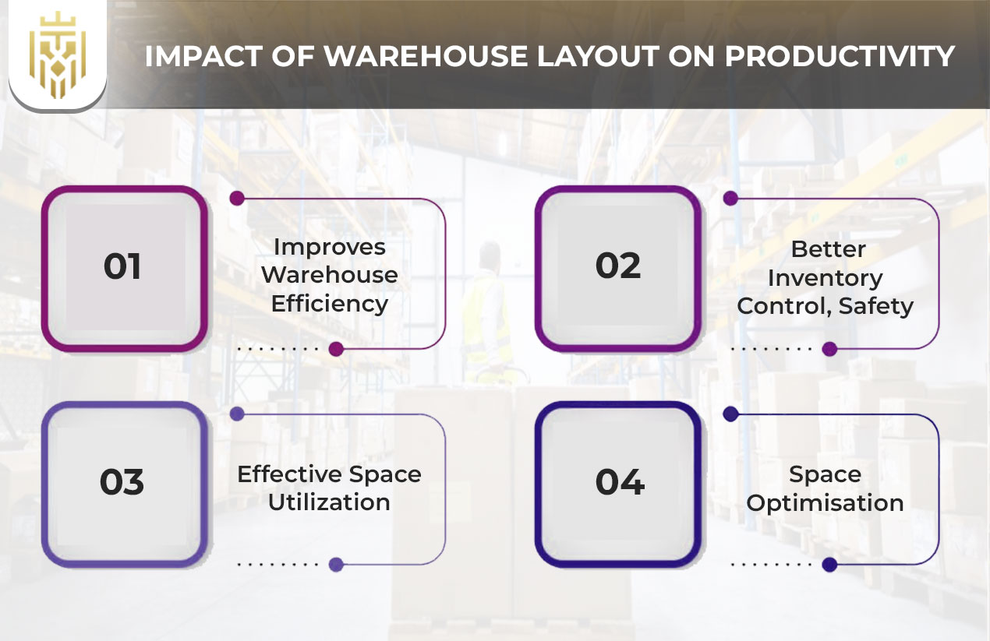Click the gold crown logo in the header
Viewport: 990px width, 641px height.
point(58,55)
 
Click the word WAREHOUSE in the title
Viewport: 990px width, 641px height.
point(426,56)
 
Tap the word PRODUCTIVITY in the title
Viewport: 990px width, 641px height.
point(840,56)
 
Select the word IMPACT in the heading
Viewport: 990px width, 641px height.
point(203,56)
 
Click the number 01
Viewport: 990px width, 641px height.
point(122,266)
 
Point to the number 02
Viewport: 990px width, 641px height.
point(618,266)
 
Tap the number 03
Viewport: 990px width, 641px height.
point(122,481)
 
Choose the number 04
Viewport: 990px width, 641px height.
point(620,481)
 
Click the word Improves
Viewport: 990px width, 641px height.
point(329,248)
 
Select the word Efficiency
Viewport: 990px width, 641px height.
point(329,305)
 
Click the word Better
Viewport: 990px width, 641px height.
point(828,249)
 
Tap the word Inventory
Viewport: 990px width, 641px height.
point(826,279)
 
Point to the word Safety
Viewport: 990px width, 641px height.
point(876,306)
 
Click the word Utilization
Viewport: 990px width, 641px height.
point(329,502)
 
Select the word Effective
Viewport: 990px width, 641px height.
point(289,474)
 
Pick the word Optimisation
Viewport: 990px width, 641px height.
point(826,504)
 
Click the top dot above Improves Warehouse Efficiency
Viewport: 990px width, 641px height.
point(237,198)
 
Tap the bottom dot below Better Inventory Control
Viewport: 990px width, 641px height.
point(829,349)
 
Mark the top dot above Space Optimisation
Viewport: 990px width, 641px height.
point(730,414)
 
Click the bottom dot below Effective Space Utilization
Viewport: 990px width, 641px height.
point(336,565)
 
